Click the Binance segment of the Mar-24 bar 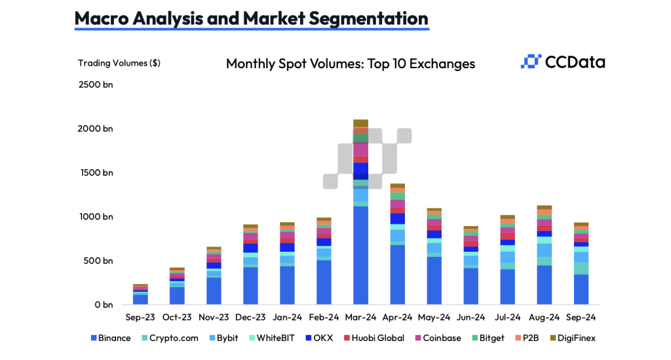[x=360, y=256]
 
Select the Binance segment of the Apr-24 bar [x=397, y=275]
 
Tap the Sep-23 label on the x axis [x=140, y=317]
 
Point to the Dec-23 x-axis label [x=250, y=317]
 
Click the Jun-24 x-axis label [x=470, y=317]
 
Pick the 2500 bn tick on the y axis [x=96, y=85]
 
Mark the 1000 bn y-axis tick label [x=96, y=216]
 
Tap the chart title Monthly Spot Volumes [x=351, y=64]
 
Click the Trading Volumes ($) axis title [x=119, y=63]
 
